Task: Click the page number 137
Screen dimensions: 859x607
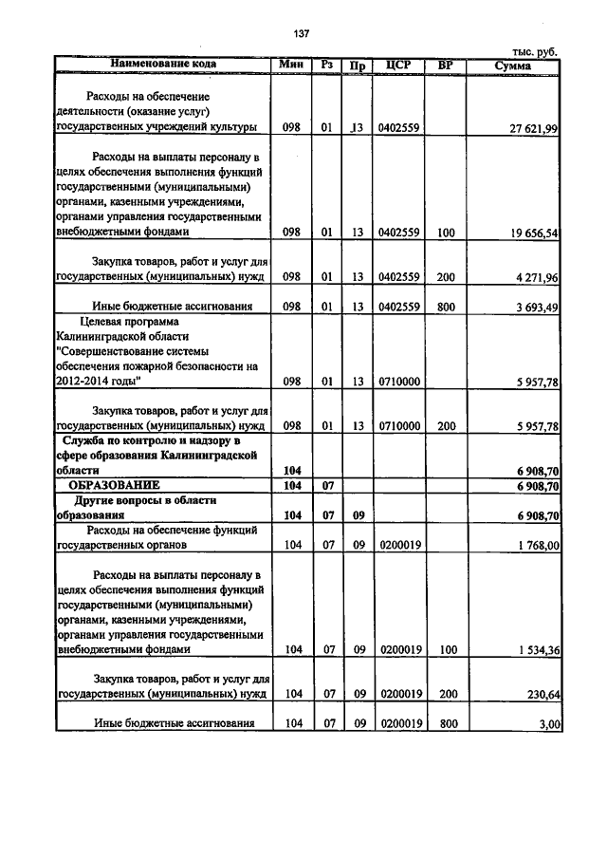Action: coord(303,34)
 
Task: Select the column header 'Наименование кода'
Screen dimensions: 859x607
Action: coord(163,65)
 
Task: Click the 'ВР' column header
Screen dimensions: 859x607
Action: coord(445,65)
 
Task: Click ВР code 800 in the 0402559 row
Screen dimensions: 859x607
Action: coord(446,307)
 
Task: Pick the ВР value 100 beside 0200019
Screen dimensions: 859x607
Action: coord(446,650)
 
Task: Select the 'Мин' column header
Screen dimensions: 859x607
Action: coord(290,65)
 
